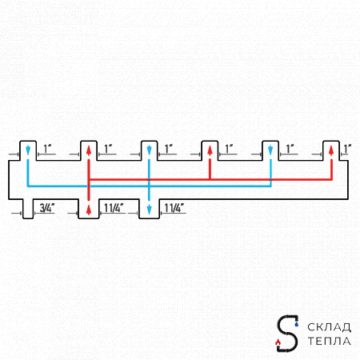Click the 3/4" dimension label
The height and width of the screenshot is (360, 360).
[47, 208]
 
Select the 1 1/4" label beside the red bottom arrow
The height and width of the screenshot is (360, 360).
[114, 208]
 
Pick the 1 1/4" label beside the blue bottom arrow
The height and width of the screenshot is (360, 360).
[174, 208]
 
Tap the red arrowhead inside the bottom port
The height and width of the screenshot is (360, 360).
[89, 210]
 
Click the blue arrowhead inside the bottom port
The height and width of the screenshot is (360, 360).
[149, 210]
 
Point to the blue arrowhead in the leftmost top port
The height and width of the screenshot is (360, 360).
[28, 150]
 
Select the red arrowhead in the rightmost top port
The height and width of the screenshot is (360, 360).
[331, 150]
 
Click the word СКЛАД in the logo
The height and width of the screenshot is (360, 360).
[329, 327]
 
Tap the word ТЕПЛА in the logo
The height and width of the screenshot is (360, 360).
[329, 341]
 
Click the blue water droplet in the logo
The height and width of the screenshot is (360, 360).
[297, 324]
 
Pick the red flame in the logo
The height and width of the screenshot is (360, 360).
[278, 342]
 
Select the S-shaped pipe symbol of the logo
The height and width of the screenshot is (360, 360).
[287, 334]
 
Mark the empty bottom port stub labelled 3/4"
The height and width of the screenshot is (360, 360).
[28, 209]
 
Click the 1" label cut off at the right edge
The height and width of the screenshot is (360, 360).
[347, 149]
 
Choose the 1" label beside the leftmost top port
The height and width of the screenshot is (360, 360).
[48, 149]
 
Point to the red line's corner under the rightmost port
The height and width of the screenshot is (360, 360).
[331, 179]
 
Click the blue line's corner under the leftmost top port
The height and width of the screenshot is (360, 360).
[28, 186]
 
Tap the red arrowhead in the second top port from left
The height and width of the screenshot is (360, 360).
[89, 150]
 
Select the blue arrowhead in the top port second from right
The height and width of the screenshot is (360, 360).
[270, 150]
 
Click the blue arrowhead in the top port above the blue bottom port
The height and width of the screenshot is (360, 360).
[149, 150]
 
